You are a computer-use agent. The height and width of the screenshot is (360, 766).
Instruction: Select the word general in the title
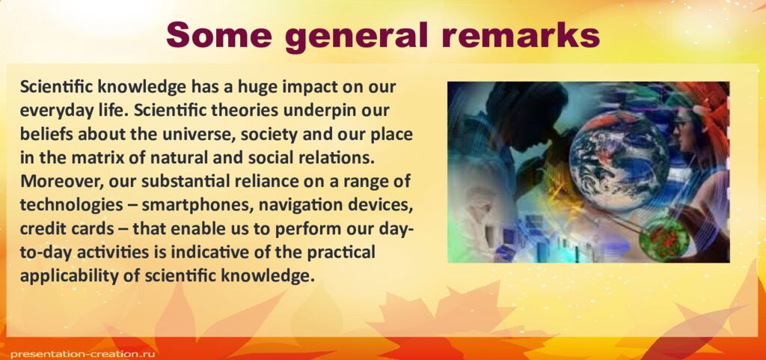click(360, 36)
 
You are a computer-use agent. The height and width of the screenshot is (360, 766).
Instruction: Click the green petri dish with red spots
click(664, 237)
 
